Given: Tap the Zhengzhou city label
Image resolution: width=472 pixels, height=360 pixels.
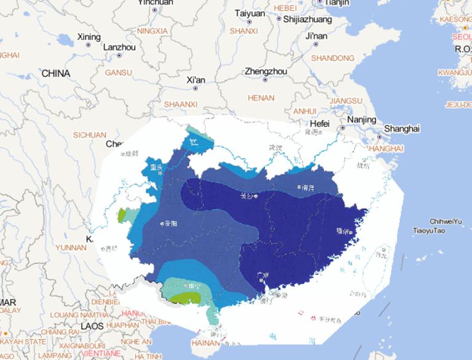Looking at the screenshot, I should point(265,71).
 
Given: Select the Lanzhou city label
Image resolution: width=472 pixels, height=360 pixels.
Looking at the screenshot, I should point(119,47).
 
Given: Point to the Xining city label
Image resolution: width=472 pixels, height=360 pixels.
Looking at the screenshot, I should point(88,37).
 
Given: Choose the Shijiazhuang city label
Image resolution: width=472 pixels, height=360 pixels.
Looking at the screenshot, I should point(308,19).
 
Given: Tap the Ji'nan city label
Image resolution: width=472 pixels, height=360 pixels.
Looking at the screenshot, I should point(316,36).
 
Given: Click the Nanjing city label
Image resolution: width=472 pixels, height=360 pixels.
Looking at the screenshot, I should point(361,119).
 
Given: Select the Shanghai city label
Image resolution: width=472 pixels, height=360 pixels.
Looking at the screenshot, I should point(401,128).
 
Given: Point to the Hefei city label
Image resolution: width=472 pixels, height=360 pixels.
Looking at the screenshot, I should point(320,123).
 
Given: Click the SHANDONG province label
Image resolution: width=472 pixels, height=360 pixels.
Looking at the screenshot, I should point(333,58).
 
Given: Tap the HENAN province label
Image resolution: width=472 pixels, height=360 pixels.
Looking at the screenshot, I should point(260,98).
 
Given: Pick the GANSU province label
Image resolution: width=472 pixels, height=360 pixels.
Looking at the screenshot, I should point(119,72).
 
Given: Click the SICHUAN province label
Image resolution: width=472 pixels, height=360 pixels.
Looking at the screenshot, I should point(90,135).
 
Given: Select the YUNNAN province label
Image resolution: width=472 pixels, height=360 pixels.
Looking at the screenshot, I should point(71,248).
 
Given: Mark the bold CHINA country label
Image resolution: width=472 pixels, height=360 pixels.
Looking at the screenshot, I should point(55,74).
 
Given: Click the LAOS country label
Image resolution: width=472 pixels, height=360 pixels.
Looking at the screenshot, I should point(92,326).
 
